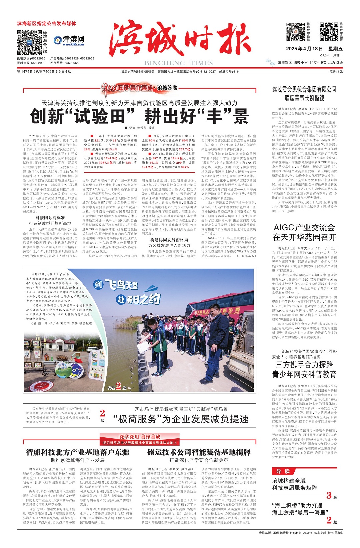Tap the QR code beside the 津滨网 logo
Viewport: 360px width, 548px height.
30,42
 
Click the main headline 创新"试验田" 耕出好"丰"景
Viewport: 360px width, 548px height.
139,116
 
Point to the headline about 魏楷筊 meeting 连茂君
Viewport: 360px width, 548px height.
304,94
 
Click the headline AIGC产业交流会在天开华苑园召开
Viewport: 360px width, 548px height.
304,232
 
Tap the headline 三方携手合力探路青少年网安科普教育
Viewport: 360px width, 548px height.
304,369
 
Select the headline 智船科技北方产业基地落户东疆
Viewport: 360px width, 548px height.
78,452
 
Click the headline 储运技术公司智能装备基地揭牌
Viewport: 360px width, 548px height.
199,452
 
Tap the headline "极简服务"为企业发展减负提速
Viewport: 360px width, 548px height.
181,419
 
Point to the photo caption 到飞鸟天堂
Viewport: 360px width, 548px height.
116,285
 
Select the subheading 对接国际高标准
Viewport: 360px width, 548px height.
50,218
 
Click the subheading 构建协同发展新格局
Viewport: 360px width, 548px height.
169,240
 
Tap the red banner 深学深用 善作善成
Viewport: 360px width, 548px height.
140,437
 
